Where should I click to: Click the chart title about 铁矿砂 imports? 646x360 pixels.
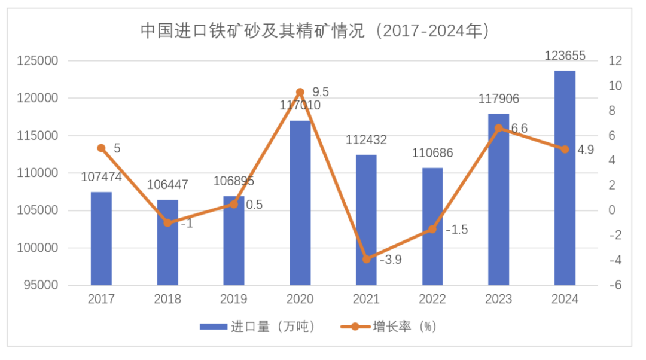click(315, 30)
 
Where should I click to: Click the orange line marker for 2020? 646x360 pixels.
click(300, 92)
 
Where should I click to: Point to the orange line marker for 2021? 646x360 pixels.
click(367, 259)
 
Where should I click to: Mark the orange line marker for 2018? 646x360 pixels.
click(167, 223)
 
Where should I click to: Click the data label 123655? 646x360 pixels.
click(565, 56)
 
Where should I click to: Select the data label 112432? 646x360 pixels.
click(366, 140)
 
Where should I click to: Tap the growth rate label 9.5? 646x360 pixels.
click(321, 92)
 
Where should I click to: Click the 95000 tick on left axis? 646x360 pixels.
click(41, 285)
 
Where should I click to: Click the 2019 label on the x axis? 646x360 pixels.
click(234, 300)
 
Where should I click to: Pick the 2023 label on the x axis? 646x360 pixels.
click(499, 300)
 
